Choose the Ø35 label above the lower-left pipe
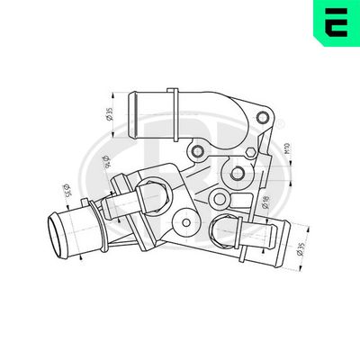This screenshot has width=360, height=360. [66, 192]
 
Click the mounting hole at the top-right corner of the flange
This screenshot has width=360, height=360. [263, 117]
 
